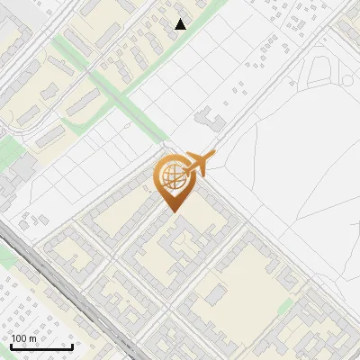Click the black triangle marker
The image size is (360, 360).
coord(181,24)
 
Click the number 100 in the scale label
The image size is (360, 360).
coord(19,338)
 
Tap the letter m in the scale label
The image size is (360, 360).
coord(33,338)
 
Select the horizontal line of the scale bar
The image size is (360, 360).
coord(41,346)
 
